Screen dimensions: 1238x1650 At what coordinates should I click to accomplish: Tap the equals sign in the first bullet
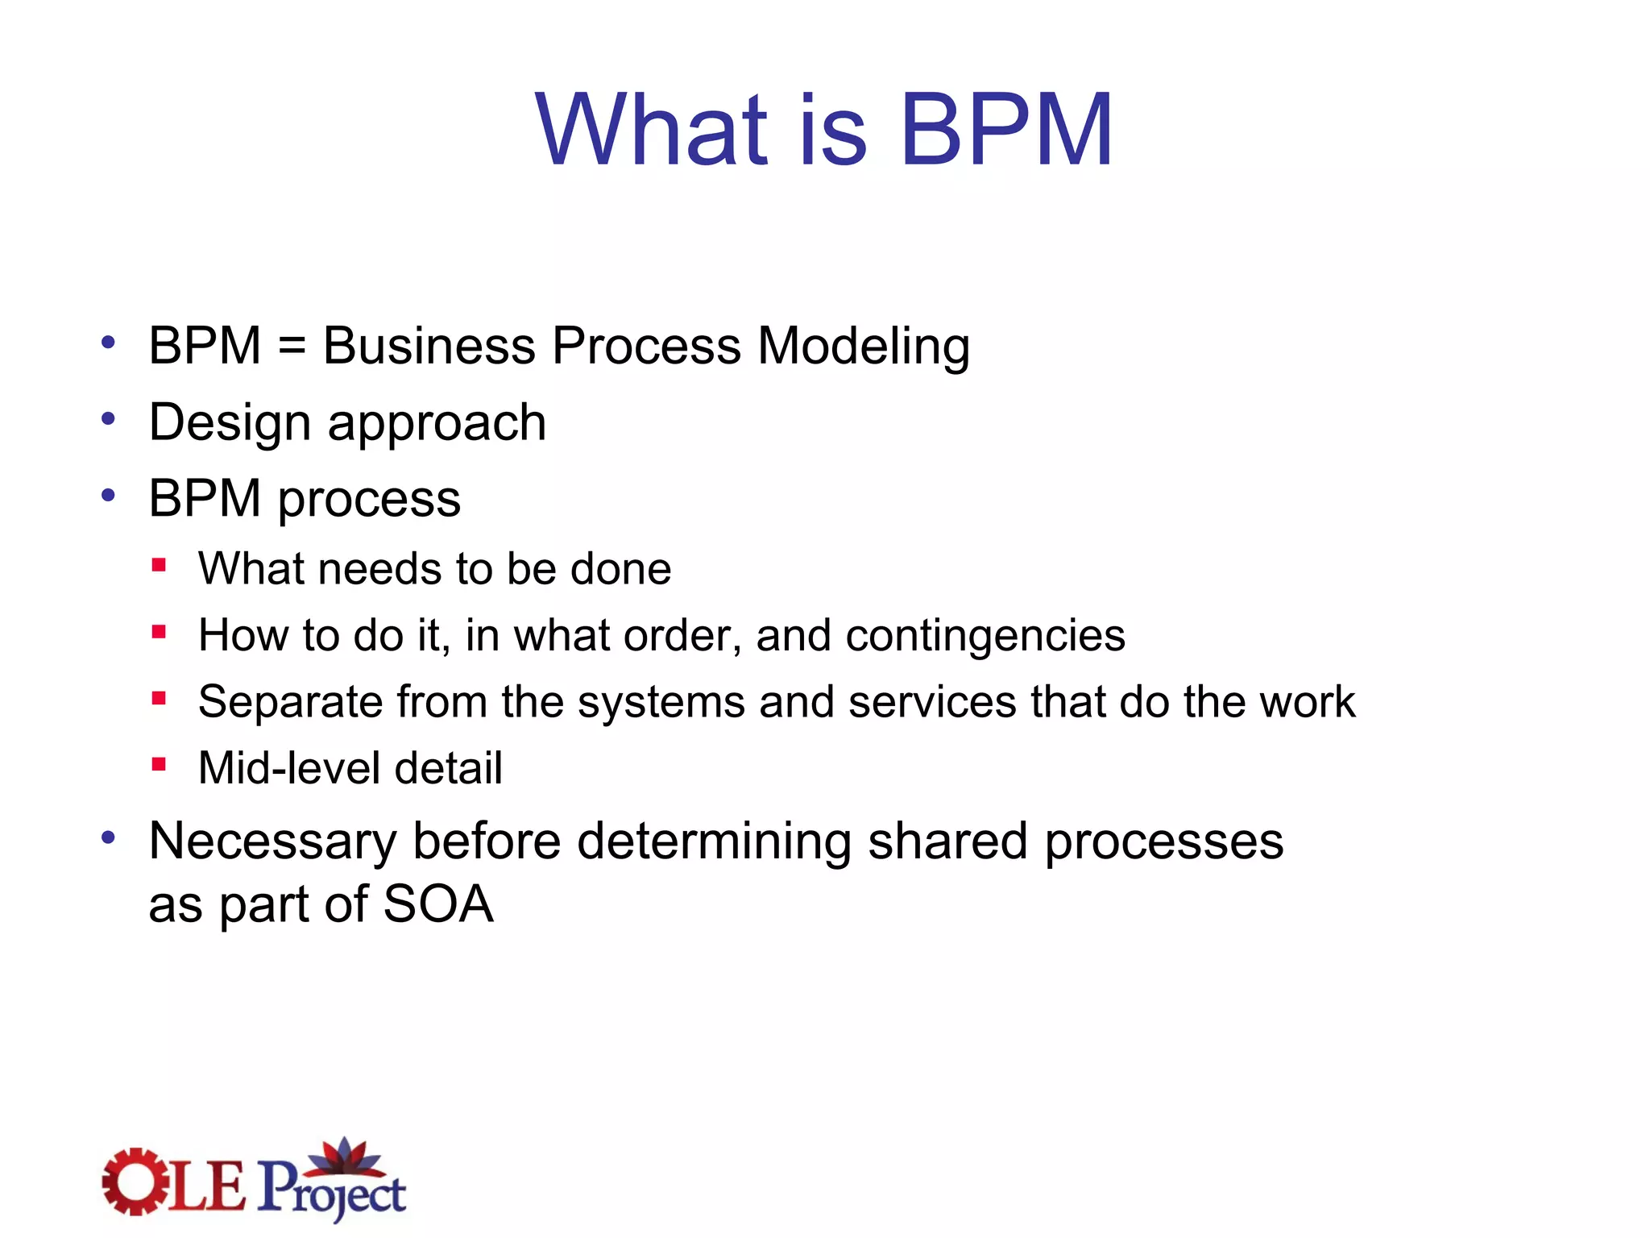pos(292,347)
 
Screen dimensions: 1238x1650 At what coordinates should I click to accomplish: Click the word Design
pos(230,424)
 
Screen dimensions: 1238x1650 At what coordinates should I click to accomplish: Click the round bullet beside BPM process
pos(109,495)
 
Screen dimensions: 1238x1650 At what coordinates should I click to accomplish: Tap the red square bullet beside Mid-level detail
pos(159,764)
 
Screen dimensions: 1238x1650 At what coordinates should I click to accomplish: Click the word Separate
pos(290,702)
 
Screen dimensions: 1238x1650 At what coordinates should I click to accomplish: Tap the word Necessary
pos(272,842)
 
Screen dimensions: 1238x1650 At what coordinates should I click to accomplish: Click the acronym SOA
pos(437,904)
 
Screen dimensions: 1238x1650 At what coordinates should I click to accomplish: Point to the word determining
pos(714,842)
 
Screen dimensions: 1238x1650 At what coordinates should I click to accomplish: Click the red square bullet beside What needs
pos(159,566)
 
